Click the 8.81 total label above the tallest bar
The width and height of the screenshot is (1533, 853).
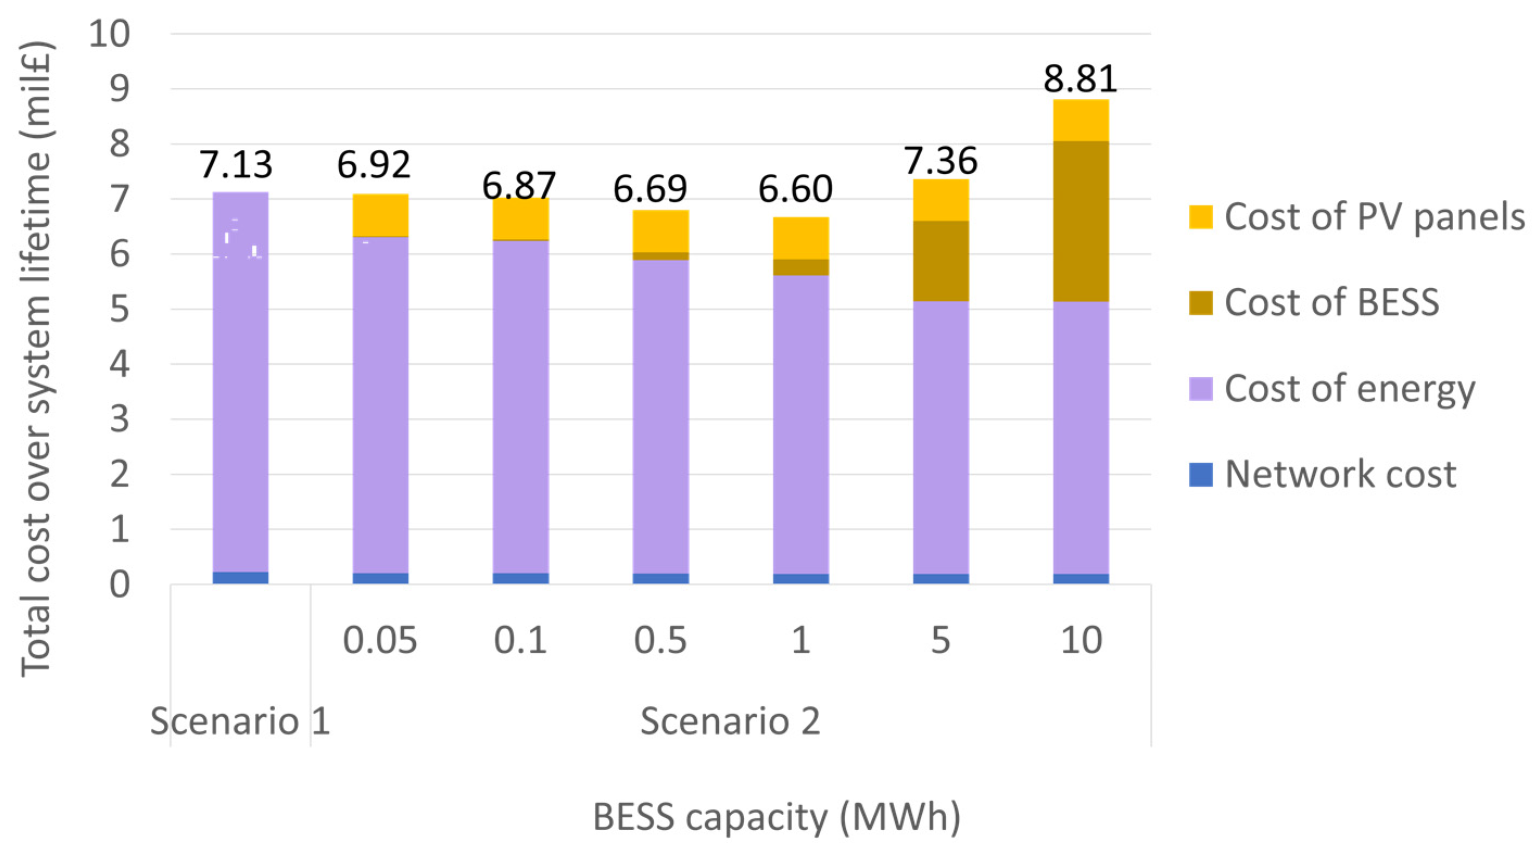(1080, 79)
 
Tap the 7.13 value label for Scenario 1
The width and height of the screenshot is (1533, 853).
(236, 165)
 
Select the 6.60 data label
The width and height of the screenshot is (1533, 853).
(795, 189)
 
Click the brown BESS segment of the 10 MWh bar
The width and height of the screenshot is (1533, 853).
(1081, 221)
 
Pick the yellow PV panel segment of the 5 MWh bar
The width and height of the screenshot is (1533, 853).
(941, 200)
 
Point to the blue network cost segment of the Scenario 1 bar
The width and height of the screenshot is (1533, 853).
(240, 577)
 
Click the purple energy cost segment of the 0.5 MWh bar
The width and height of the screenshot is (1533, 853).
(661, 416)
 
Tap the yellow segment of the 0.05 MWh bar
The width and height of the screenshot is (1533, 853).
(381, 215)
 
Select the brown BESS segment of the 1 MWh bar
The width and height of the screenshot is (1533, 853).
(800, 267)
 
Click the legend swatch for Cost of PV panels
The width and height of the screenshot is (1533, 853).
(1200, 217)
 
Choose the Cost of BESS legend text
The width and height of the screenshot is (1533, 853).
(1331, 302)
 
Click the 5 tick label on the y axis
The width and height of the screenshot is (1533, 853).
(119, 309)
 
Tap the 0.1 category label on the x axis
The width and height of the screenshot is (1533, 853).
(520, 641)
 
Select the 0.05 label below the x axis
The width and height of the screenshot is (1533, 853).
(379, 641)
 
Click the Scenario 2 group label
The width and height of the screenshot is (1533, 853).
(730, 721)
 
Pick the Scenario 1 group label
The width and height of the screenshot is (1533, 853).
(240, 721)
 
